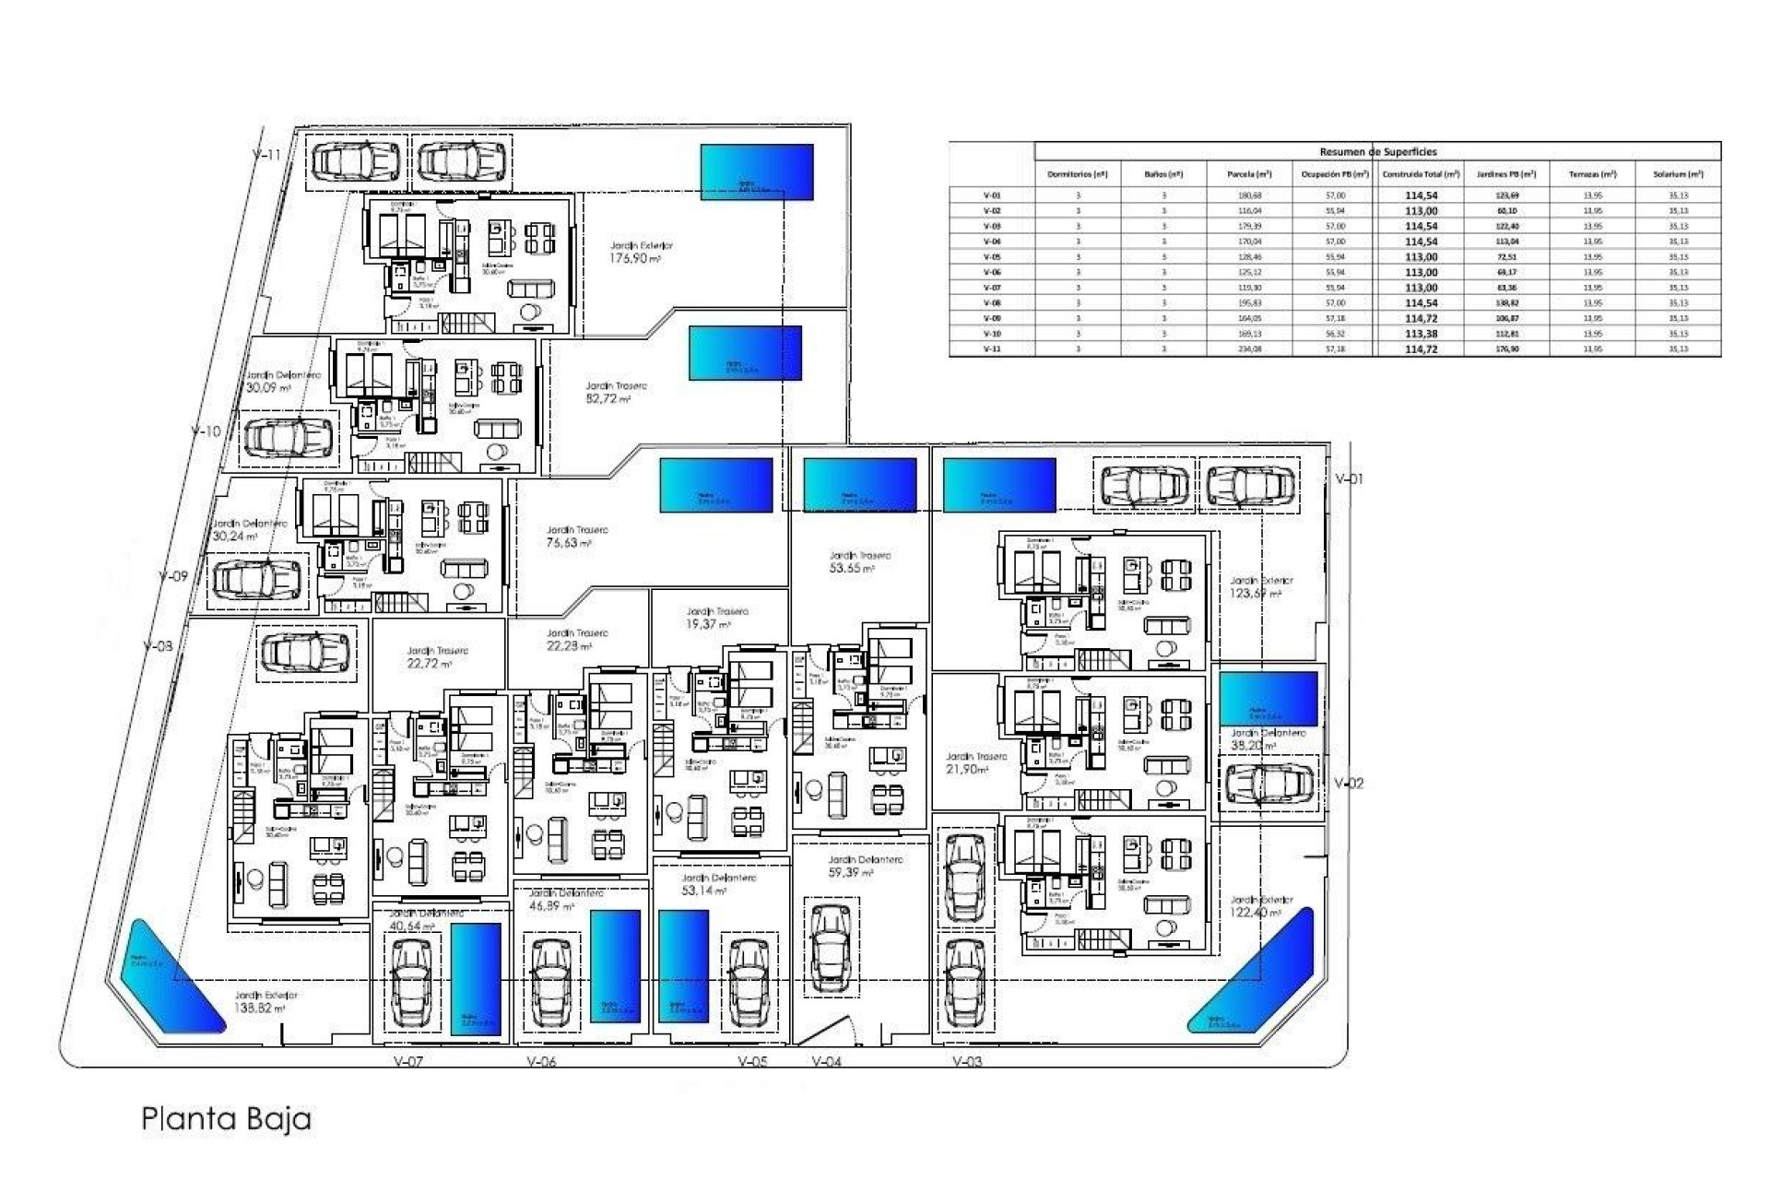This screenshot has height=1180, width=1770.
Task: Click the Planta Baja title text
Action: click(x=226, y=1118)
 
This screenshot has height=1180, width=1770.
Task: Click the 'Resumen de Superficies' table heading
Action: click(x=1377, y=151)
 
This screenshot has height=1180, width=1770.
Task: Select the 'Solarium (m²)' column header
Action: click(x=1678, y=174)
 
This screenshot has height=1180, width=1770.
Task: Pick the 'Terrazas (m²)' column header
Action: click(x=1592, y=174)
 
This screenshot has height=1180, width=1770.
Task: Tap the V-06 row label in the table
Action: click(x=992, y=272)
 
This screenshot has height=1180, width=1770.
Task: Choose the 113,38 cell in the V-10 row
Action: click(x=1421, y=334)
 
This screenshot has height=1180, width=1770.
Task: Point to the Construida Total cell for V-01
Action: click(x=1421, y=195)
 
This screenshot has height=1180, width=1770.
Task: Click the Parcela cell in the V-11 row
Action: click(x=1250, y=349)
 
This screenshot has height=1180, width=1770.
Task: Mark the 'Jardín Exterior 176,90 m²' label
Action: click(x=636, y=253)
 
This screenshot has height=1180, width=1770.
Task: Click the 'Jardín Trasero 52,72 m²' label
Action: click(x=615, y=393)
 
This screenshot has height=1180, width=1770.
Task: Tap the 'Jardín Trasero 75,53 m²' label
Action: click(x=576, y=537)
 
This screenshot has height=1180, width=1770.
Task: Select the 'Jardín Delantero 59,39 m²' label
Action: click(x=864, y=866)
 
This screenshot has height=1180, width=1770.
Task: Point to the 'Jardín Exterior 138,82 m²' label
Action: click(x=265, y=1002)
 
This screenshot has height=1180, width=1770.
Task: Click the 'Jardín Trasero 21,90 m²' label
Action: click(x=975, y=762)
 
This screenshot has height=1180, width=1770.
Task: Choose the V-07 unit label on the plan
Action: click(x=408, y=1061)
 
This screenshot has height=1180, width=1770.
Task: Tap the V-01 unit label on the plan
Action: click(x=1349, y=478)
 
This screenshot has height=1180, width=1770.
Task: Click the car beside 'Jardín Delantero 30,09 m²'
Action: click(x=287, y=437)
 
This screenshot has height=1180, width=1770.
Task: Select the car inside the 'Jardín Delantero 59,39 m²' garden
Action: click(x=830, y=948)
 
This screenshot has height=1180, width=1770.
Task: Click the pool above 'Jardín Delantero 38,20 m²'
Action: click(x=1268, y=699)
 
